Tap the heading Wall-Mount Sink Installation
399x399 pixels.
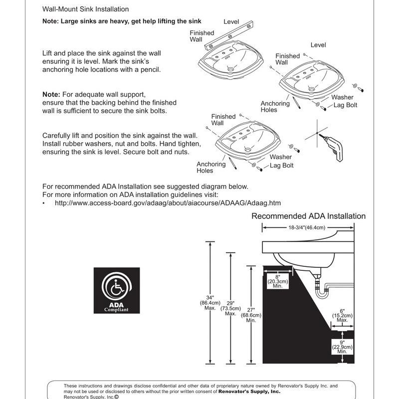click(x=85, y=9)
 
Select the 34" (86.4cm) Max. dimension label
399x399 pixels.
click(x=210, y=302)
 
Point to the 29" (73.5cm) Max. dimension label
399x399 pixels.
click(x=230, y=307)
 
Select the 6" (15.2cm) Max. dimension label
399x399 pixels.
click(x=343, y=315)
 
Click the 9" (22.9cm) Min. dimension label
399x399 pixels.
click(x=342, y=347)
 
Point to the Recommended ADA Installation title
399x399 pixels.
click(x=308, y=216)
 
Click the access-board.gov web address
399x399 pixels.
click(x=168, y=203)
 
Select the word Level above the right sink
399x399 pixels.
click(x=318, y=45)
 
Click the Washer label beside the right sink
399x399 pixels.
click(x=342, y=97)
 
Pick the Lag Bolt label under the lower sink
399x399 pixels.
click(x=282, y=165)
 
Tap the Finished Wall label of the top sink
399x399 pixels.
click(x=201, y=36)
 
